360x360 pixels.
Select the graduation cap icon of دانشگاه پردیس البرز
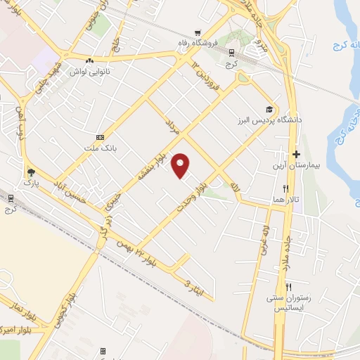(x=269, y=109)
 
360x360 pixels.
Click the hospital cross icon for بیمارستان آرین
(x=297, y=153)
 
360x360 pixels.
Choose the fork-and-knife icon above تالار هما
(x=285, y=188)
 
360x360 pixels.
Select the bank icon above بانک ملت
(x=100, y=136)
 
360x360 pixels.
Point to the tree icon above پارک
(x=30, y=172)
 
